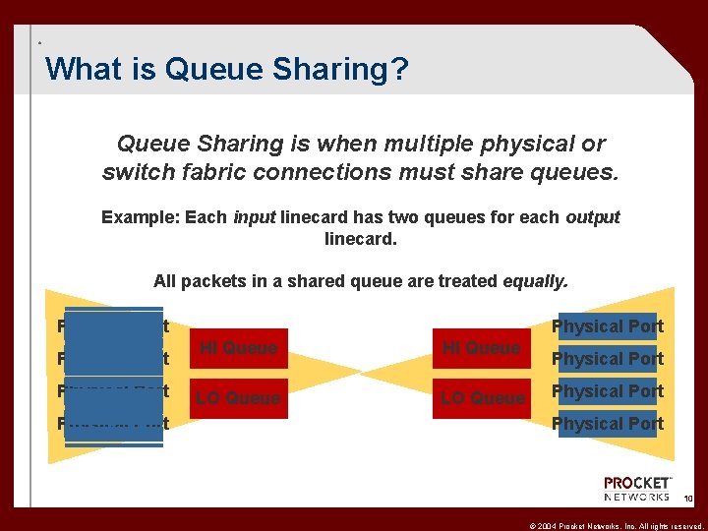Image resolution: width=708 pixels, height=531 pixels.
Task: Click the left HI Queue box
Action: (239, 348)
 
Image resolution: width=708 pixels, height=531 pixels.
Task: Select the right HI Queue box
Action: (481, 348)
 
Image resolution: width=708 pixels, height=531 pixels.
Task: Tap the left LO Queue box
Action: (239, 398)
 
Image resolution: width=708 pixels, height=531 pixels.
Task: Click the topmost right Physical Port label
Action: (608, 326)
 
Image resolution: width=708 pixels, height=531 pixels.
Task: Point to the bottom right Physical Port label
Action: (608, 424)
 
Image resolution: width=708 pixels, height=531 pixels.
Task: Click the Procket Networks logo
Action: (637, 489)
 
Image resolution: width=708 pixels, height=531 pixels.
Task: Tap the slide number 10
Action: (688, 499)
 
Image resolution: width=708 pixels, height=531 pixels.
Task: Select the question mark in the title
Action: (400, 69)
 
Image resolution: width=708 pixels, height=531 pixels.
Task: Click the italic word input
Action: (254, 217)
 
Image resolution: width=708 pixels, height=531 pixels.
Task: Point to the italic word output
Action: (593, 217)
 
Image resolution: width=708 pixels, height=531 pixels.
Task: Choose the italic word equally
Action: (535, 281)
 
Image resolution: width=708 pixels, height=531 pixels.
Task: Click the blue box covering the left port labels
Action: (113, 376)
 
